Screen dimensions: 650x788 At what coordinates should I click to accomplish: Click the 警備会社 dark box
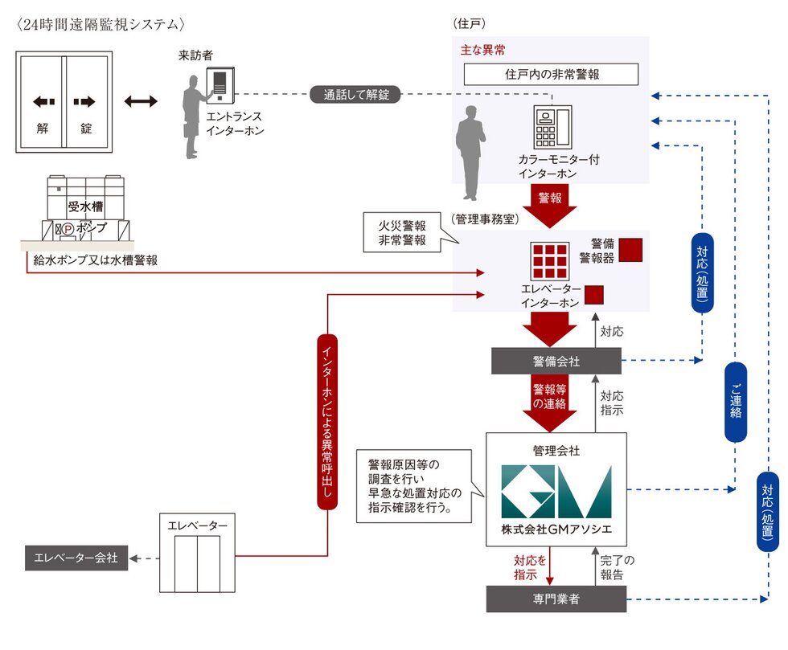[556, 362]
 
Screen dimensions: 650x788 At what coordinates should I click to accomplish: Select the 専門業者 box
[556, 599]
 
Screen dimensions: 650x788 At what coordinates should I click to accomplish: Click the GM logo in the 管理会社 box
[556, 492]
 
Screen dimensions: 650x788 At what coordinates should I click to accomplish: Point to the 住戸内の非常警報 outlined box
[552, 75]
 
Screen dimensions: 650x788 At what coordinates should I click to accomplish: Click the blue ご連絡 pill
[736, 402]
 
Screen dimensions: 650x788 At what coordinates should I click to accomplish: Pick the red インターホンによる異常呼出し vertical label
[326, 422]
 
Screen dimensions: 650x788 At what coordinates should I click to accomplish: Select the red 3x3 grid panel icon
[550, 260]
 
